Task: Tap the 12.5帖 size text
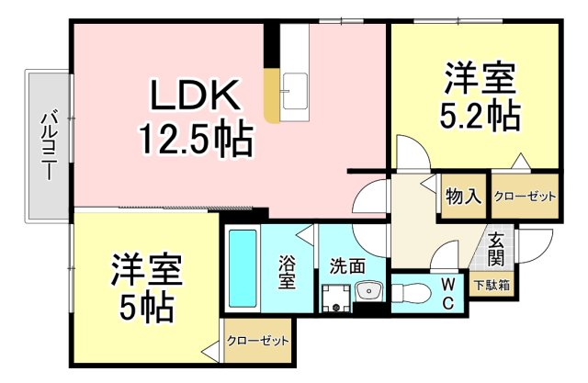pyautogui.click(x=196, y=140)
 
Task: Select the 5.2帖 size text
pyautogui.click(x=477, y=115)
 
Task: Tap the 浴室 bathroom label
pyautogui.click(x=287, y=271)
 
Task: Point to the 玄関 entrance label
pyautogui.click(x=496, y=248)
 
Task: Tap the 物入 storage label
pyautogui.click(x=462, y=196)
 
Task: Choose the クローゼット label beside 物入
pyautogui.click(x=524, y=197)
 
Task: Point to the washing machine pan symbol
pyautogui.click(x=335, y=297)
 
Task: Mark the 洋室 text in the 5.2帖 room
pyautogui.click(x=478, y=77)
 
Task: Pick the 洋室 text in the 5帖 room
pyautogui.click(x=147, y=267)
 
